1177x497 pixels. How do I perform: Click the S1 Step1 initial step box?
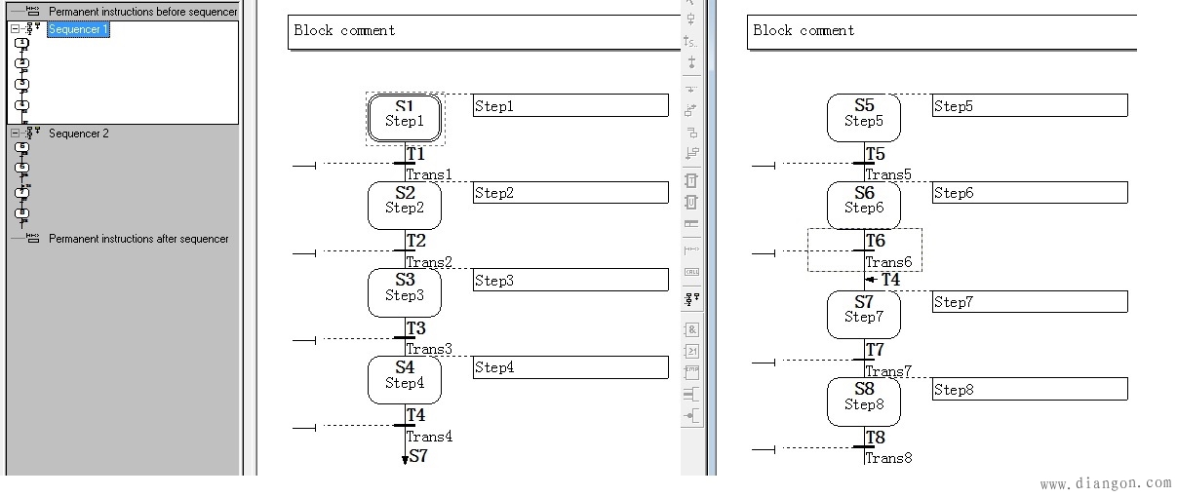[405, 117]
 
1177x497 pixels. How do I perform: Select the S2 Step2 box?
[405, 205]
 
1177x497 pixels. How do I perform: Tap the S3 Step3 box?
[405, 292]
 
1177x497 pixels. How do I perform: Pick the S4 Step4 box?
[405, 379]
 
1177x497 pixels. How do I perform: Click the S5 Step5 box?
[864, 117]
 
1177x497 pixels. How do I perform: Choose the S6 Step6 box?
[864, 205]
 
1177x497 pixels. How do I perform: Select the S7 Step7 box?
[864, 314]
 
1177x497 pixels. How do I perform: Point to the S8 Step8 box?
[864, 401]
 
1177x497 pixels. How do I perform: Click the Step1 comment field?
[570, 106]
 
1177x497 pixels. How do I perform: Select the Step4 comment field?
[570, 367]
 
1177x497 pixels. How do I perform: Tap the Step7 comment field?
[1030, 302]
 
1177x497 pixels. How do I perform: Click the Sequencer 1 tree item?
[78, 29]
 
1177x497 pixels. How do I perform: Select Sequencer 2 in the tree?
[79, 134]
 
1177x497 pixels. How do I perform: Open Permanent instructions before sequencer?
[142, 12]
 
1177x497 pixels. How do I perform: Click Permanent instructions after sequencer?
[138, 239]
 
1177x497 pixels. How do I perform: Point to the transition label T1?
[416, 154]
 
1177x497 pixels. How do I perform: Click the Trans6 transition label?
[888, 262]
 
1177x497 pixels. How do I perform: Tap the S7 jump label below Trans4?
[418, 455]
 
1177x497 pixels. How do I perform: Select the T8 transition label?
[876, 438]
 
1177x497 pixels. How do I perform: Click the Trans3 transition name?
[429, 349]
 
